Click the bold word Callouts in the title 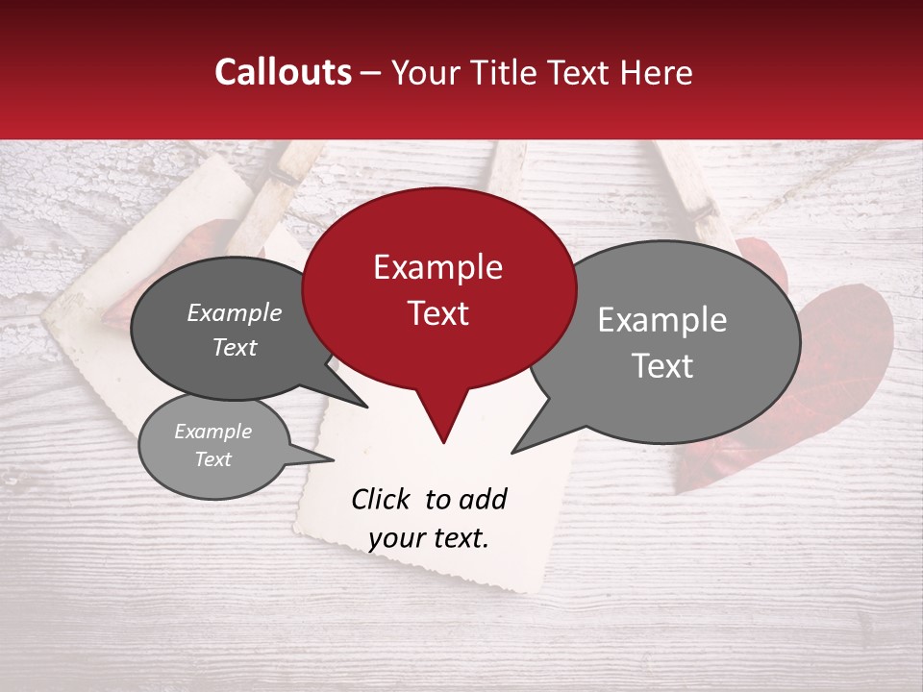(x=283, y=72)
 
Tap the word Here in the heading (x=656, y=72)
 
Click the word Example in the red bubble (x=437, y=267)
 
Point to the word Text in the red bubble (x=437, y=313)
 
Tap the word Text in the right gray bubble (x=662, y=366)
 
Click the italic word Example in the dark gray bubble (x=235, y=312)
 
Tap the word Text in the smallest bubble (x=213, y=459)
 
